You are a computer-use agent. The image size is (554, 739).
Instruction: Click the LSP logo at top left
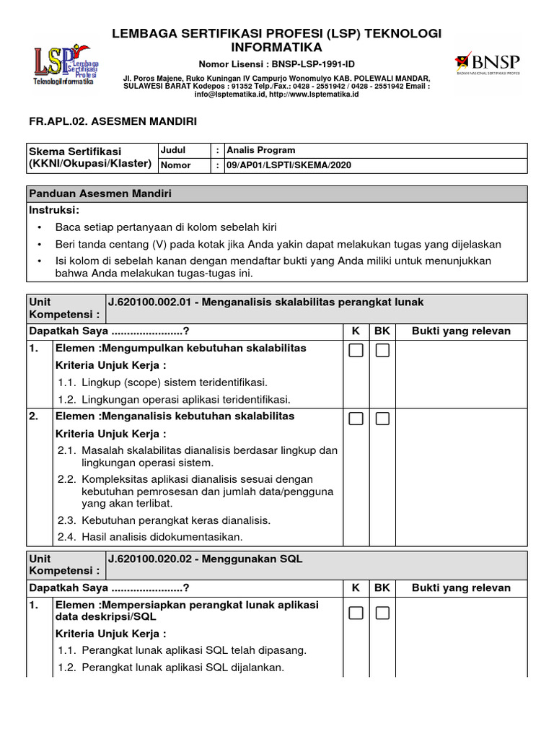66,66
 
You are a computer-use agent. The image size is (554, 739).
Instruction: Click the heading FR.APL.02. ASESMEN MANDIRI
112,122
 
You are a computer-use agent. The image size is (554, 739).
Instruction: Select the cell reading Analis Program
260,150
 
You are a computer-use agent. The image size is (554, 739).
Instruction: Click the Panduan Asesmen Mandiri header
100,194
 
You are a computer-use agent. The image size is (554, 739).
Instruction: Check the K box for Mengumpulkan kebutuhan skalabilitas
356,351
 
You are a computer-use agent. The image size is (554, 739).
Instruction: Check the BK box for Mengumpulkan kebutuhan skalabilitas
382,351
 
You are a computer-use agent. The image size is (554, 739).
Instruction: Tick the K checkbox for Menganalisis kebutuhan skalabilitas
356,419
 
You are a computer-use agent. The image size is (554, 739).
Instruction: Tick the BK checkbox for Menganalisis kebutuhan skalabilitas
382,419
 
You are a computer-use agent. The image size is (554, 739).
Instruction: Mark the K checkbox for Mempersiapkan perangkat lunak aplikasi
356,613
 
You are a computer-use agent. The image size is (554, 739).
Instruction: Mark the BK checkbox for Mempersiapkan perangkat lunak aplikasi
382,613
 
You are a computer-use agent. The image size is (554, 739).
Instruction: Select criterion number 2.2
67,479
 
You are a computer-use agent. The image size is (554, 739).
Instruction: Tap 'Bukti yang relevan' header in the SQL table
461,587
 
